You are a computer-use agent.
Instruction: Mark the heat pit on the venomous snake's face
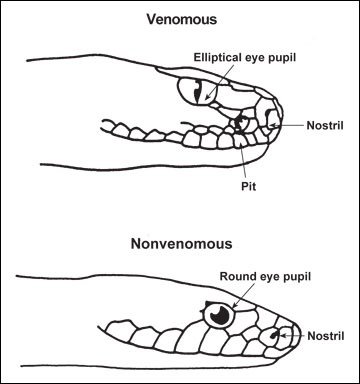tap(239, 124)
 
